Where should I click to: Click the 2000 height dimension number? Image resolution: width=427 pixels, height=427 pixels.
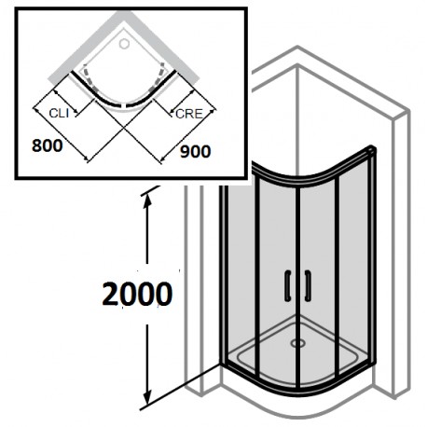[137, 294]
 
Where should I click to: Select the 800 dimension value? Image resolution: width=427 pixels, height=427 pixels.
[48, 145]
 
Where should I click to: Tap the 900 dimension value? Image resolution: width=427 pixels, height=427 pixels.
[196, 152]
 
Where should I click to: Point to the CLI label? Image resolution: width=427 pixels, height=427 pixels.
[59, 114]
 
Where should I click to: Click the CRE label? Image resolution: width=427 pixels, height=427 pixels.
[189, 114]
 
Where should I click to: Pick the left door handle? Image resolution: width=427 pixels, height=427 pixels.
[288, 286]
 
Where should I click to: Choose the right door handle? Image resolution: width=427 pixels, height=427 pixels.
[308, 286]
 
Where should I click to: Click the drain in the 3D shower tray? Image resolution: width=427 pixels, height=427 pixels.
[297, 343]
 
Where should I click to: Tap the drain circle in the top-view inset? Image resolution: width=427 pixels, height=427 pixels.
[124, 44]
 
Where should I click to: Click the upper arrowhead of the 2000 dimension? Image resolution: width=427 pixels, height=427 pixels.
[147, 201]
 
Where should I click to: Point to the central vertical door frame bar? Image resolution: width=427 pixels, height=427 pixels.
[298, 286]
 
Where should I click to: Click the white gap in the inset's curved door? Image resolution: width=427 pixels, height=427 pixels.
[125, 106]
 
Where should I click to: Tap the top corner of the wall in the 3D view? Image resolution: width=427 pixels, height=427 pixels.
[297, 47]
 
